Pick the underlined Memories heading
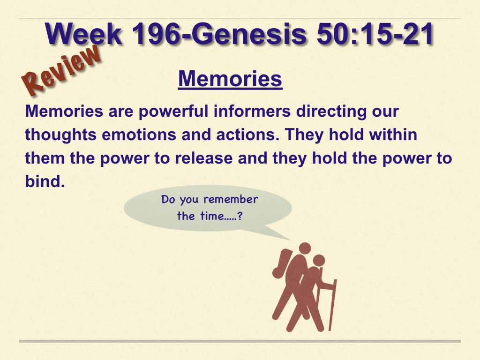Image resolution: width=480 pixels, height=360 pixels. click(230, 79)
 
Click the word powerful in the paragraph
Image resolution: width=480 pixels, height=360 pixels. click(173, 112)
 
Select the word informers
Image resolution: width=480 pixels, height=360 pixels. click(252, 111)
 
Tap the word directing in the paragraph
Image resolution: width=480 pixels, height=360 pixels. click(331, 112)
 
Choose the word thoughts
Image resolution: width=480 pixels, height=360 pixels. click(60, 135)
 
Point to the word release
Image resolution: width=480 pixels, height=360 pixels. click(204, 158)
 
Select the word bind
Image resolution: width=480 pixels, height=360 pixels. click(45, 181)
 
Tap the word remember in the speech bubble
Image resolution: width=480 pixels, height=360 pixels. click(231, 200)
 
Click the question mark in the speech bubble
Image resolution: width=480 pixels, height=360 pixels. click(240, 216)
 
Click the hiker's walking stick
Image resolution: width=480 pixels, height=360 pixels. click(333, 305)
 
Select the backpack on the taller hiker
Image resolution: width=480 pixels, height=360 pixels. click(282, 263)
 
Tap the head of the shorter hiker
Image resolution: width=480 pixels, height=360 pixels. click(319, 261)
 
